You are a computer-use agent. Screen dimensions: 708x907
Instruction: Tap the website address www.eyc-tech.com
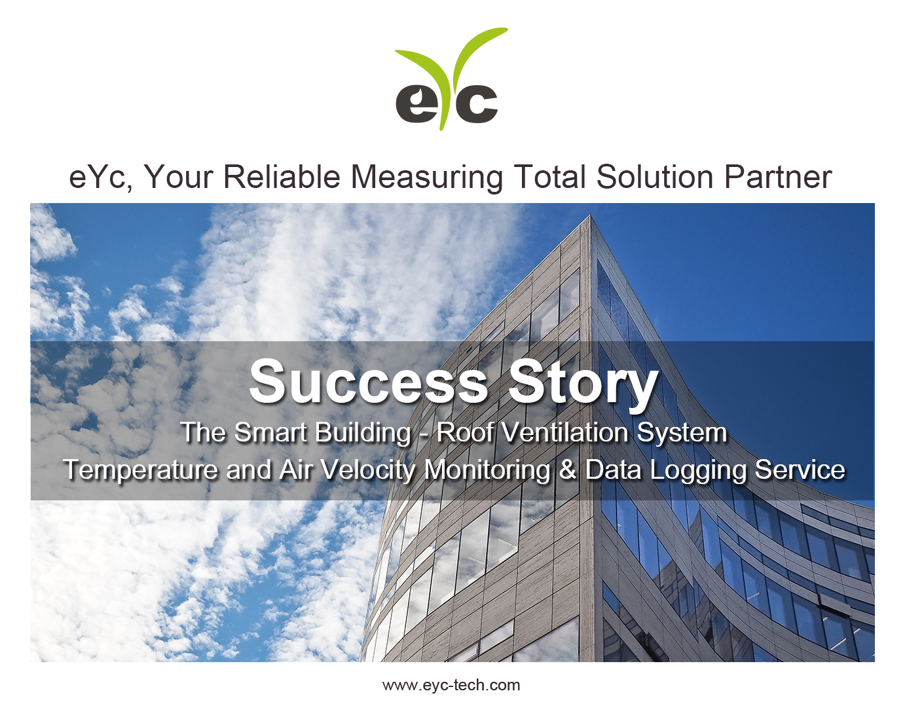click(451, 685)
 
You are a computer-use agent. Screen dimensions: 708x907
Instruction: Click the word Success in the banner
click(369, 382)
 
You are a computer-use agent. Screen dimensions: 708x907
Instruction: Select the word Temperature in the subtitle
click(140, 470)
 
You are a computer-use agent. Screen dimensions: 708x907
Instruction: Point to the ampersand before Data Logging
click(567, 470)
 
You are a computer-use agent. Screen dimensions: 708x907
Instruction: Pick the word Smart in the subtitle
click(270, 432)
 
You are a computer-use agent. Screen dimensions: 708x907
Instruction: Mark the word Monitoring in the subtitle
click(487, 470)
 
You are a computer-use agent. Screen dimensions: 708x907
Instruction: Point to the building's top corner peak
click(590, 216)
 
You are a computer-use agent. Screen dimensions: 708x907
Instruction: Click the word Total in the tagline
click(549, 177)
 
